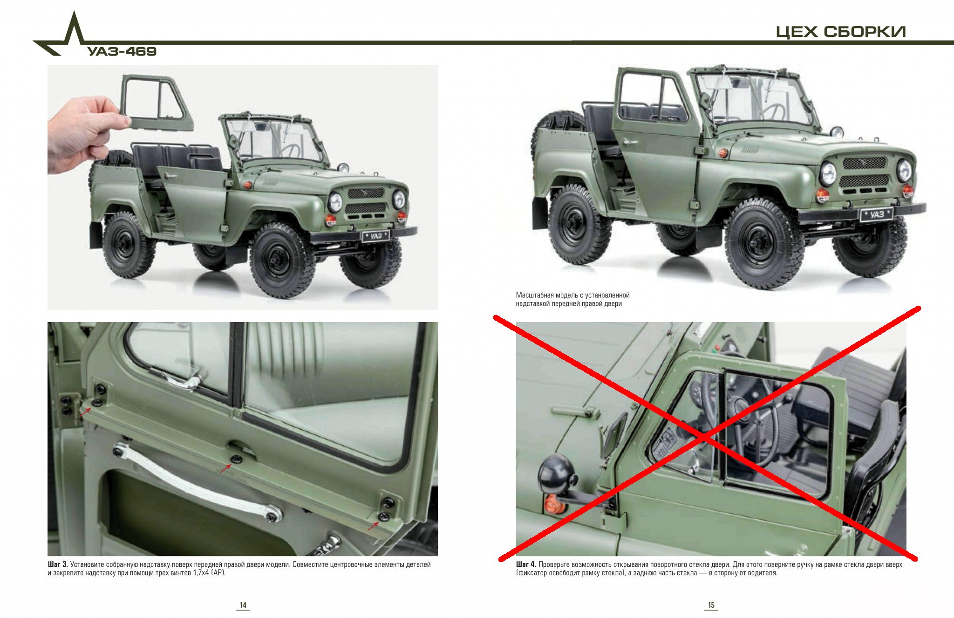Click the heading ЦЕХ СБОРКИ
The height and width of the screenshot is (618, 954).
(x=840, y=32)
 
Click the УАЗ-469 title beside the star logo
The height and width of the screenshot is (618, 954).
(x=122, y=51)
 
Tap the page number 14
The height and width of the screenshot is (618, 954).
(x=243, y=605)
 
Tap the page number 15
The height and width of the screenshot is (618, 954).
(x=711, y=605)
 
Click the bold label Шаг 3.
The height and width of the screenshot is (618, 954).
(x=58, y=564)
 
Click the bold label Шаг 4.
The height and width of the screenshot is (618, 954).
(x=526, y=564)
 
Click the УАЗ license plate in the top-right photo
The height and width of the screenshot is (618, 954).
(x=876, y=214)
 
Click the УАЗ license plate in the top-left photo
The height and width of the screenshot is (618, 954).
(x=375, y=236)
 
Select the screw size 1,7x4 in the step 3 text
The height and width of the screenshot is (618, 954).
(x=201, y=573)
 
